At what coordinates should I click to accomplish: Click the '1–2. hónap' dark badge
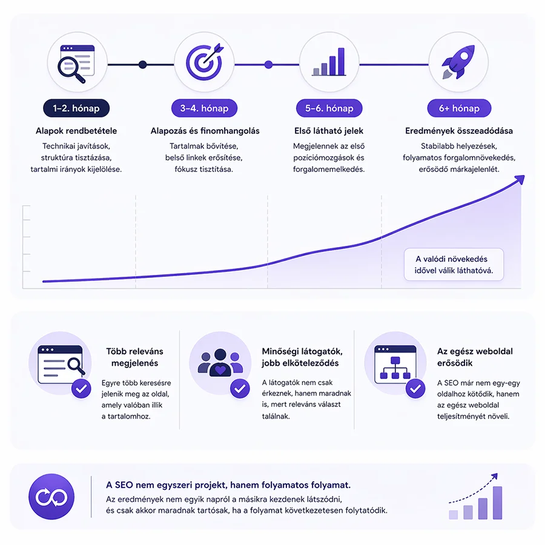coord(76,108)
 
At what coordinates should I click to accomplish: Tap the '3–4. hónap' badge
coord(205,108)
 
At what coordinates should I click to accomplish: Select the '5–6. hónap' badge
coord(329,108)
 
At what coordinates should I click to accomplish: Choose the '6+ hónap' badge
coord(459,108)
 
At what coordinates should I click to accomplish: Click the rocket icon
coord(458,62)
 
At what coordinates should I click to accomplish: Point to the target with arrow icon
coord(205,62)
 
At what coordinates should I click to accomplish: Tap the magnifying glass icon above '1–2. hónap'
coord(71,70)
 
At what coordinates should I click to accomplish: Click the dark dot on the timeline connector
coord(142,65)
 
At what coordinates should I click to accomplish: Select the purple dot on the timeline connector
coord(268,65)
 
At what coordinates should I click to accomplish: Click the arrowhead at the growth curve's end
coord(520,180)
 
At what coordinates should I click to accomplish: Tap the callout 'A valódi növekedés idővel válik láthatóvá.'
coord(454,265)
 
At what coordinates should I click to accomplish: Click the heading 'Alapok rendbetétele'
coord(76,131)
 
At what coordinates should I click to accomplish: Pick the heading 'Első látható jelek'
coord(329,131)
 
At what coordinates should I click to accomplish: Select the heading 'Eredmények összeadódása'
coord(459,131)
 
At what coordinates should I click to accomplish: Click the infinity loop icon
coord(51,497)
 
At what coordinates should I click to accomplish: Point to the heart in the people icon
coord(220,370)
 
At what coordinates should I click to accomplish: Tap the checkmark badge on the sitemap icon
coord(415,389)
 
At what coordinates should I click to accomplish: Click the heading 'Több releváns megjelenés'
coord(134,357)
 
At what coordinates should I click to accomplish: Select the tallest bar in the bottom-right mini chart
coord(497,503)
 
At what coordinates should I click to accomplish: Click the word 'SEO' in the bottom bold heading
coord(124,485)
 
